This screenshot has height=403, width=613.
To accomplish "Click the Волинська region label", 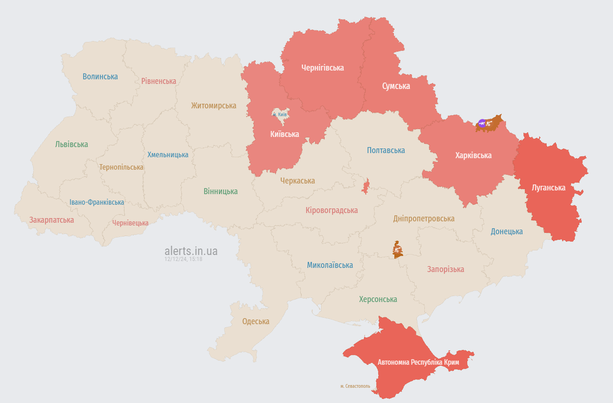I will (x=100, y=77).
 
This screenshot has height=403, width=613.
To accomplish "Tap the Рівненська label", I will (x=159, y=81).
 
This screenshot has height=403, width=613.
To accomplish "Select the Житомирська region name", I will (x=214, y=106).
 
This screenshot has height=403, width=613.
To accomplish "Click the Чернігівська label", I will (x=322, y=68).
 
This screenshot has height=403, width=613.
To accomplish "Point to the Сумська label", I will (x=396, y=86).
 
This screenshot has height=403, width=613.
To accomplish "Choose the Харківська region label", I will (x=473, y=155).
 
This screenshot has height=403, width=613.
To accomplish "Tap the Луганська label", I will (x=548, y=188).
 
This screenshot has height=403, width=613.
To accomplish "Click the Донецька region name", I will (x=506, y=231).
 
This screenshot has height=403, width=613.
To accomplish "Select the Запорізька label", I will (x=446, y=269).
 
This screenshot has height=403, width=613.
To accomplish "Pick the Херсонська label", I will (x=378, y=299).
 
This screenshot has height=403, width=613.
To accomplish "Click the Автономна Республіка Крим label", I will (x=418, y=362).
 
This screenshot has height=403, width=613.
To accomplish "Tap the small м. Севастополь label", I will (x=355, y=386).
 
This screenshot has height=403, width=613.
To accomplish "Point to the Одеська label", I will (x=256, y=321).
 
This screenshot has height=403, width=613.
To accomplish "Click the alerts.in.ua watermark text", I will (x=191, y=251).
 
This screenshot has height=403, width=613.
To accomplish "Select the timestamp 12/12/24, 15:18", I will (x=183, y=259).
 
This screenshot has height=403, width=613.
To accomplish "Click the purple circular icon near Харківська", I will (x=482, y=123).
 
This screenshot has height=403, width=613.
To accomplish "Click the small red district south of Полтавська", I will (x=366, y=187).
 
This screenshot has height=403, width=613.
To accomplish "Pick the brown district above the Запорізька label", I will (x=397, y=250).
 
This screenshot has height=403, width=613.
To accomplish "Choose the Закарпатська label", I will (x=52, y=220).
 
